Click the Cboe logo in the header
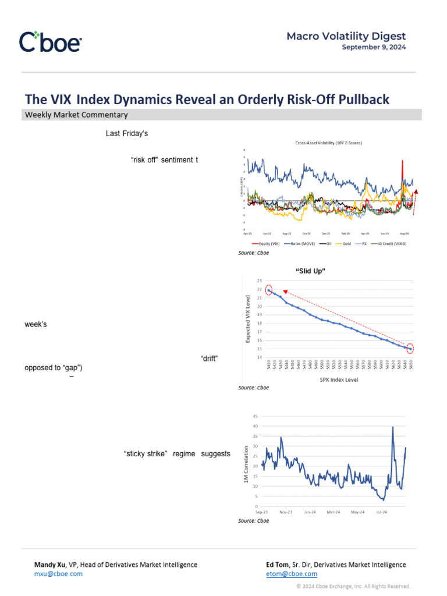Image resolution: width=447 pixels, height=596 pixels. pyautogui.click(x=51, y=41)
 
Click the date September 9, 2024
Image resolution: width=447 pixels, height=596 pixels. pyautogui.click(x=374, y=47)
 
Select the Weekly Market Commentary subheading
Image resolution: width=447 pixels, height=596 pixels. pyautogui.click(x=76, y=115)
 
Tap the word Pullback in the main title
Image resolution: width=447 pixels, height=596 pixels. pyautogui.click(x=361, y=100)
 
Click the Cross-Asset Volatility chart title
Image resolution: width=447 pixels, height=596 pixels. pyautogui.click(x=328, y=143)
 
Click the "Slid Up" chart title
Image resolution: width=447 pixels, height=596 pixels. pyautogui.click(x=310, y=271)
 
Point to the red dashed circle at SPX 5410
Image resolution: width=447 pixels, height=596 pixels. pyautogui.click(x=269, y=290)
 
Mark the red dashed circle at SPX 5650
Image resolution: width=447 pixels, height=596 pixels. pyautogui.click(x=410, y=349)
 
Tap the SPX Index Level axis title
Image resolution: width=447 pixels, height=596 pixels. pyautogui.click(x=339, y=379)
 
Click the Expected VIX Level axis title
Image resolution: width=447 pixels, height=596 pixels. pyautogui.click(x=247, y=319)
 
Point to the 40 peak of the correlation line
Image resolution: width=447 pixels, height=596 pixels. pyautogui.click(x=393, y=427)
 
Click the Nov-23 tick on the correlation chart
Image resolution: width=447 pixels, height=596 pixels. pyautogui.click(x=286, y=512)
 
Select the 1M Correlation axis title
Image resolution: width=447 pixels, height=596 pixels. pyautogui.click(x=246, y=464)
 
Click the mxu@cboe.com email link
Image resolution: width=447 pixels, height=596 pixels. pyautogui.click(x=58, y=573)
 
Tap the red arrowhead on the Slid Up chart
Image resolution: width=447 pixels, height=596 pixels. pyautogui.click(x=285, y=292)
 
